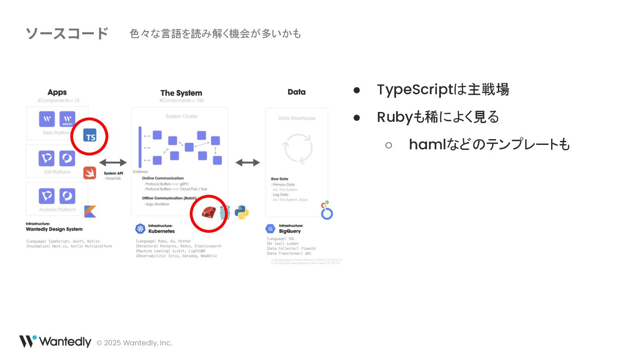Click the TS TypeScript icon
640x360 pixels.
click(90, 136)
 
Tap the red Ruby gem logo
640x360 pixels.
click(208, 213)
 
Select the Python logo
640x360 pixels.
click(242, 212)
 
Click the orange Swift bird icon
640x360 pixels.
click(90, 172)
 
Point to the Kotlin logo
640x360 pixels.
click(90, 212)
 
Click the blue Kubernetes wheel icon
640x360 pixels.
click(140, 228)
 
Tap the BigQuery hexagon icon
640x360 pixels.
click(270, 228)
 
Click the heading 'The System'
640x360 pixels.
click(181, 93)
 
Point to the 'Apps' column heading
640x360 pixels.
click(57, 92)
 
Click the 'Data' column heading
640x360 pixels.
click(296, 92)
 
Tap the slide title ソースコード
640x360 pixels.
click(67, 33)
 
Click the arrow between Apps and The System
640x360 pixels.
click(113, 162)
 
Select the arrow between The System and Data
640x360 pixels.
click(248, 162)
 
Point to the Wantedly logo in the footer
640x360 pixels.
click(55, 342)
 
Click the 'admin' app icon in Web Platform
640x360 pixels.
click(68, 119)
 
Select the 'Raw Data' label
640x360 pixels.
click(280, 179)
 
